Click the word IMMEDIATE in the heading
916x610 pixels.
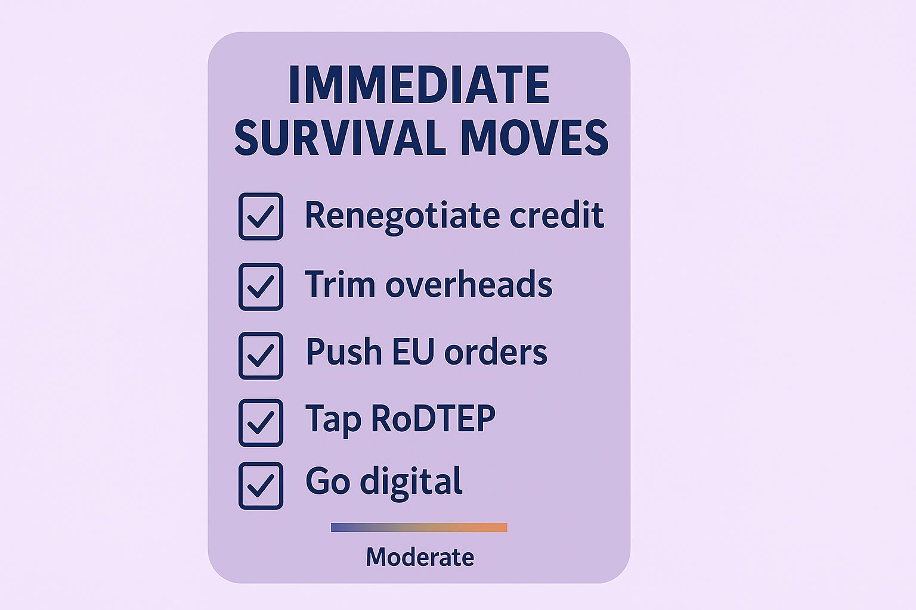coord(419,85)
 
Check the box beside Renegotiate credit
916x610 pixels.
coord(261,217)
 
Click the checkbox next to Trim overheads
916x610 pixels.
coord(261,287)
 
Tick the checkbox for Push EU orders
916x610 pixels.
coord(261,356)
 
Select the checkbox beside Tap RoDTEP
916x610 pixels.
coord(261,423)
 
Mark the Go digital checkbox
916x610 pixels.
coord(261,485)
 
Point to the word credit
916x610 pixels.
coord(557,214)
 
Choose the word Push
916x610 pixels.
coord(344,351)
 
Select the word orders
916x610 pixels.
coord(496,351)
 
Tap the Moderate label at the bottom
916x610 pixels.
coord(420,557)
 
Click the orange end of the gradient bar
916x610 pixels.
coord(505,527)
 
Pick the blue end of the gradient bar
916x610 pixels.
coord(334,527)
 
